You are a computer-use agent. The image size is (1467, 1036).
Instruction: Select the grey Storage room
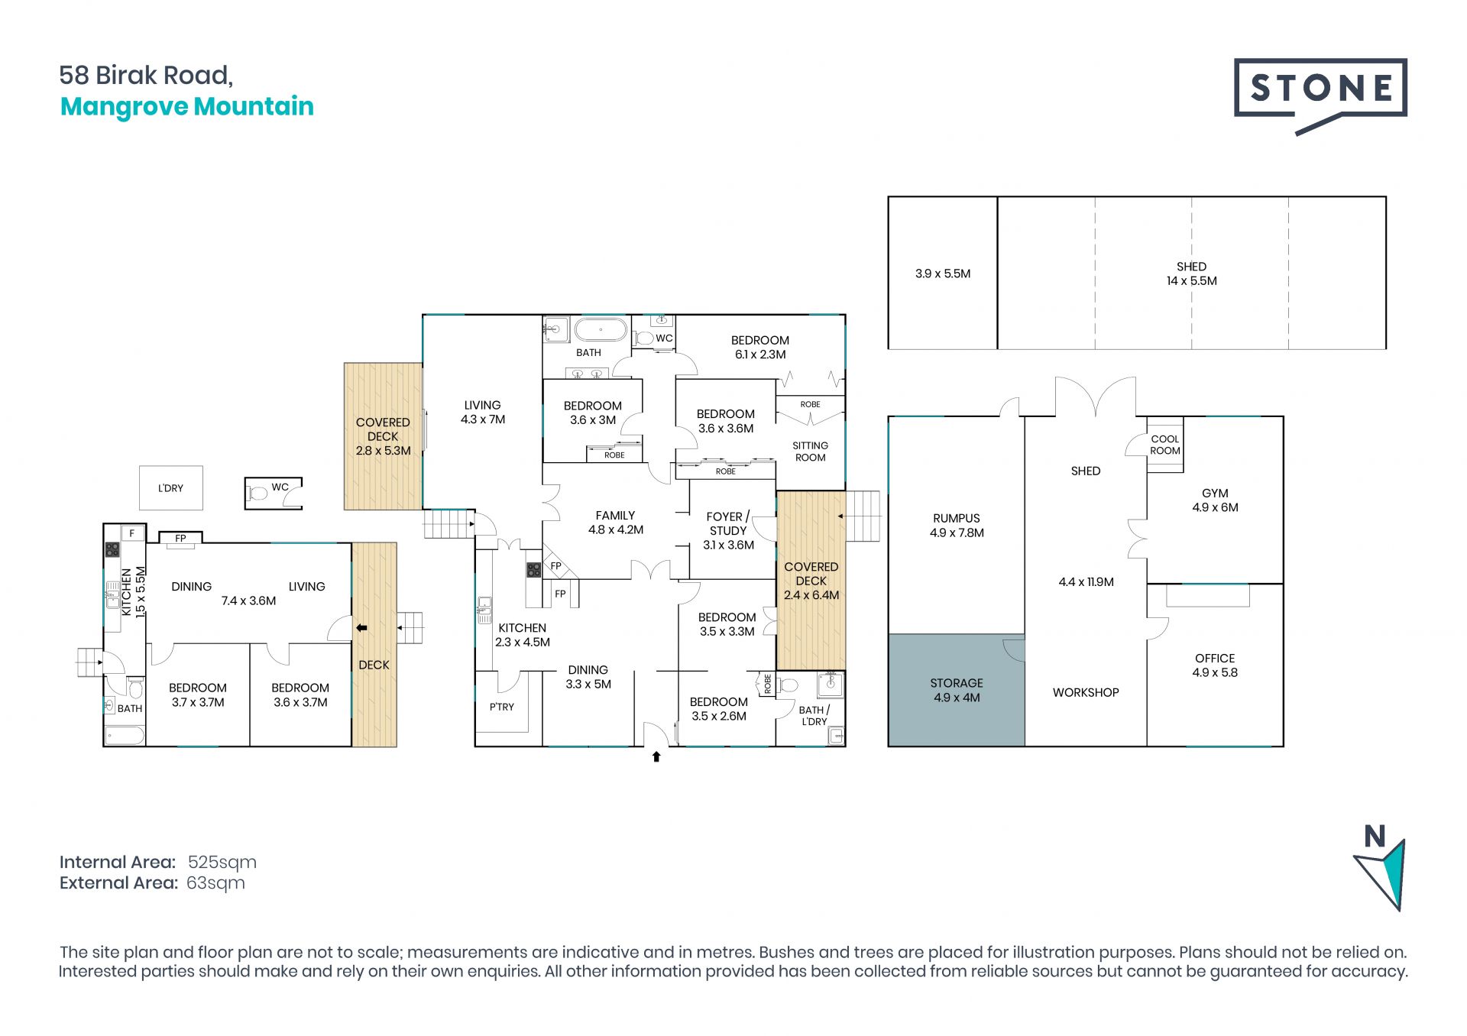[956, 690]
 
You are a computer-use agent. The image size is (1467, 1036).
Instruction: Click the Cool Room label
[1165, 445]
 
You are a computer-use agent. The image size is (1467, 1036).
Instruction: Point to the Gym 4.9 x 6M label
[1215, 500]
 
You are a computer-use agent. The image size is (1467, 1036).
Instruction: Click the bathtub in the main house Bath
[601, 331]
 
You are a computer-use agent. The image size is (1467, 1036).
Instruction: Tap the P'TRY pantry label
[502, 707]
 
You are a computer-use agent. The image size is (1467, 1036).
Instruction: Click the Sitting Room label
[810, 452]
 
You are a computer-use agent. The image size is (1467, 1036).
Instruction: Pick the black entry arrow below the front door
[656, 756]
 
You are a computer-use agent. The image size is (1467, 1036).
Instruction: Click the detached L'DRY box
[171, 488]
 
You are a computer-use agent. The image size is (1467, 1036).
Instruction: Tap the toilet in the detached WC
[257, 494]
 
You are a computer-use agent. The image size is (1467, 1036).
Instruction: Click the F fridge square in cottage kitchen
[132, 533]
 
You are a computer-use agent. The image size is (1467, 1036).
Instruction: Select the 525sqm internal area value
[222, 863]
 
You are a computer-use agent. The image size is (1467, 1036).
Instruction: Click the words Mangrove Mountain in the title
[187, 106]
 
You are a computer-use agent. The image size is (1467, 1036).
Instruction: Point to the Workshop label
[1086, 692]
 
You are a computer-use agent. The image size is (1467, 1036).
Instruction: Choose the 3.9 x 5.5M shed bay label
[943, 274]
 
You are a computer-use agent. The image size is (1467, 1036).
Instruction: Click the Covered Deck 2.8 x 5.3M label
[383, 436]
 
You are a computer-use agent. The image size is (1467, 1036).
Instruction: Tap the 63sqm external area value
[215, 883]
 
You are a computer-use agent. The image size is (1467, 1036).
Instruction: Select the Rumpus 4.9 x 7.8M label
[957, 526]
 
